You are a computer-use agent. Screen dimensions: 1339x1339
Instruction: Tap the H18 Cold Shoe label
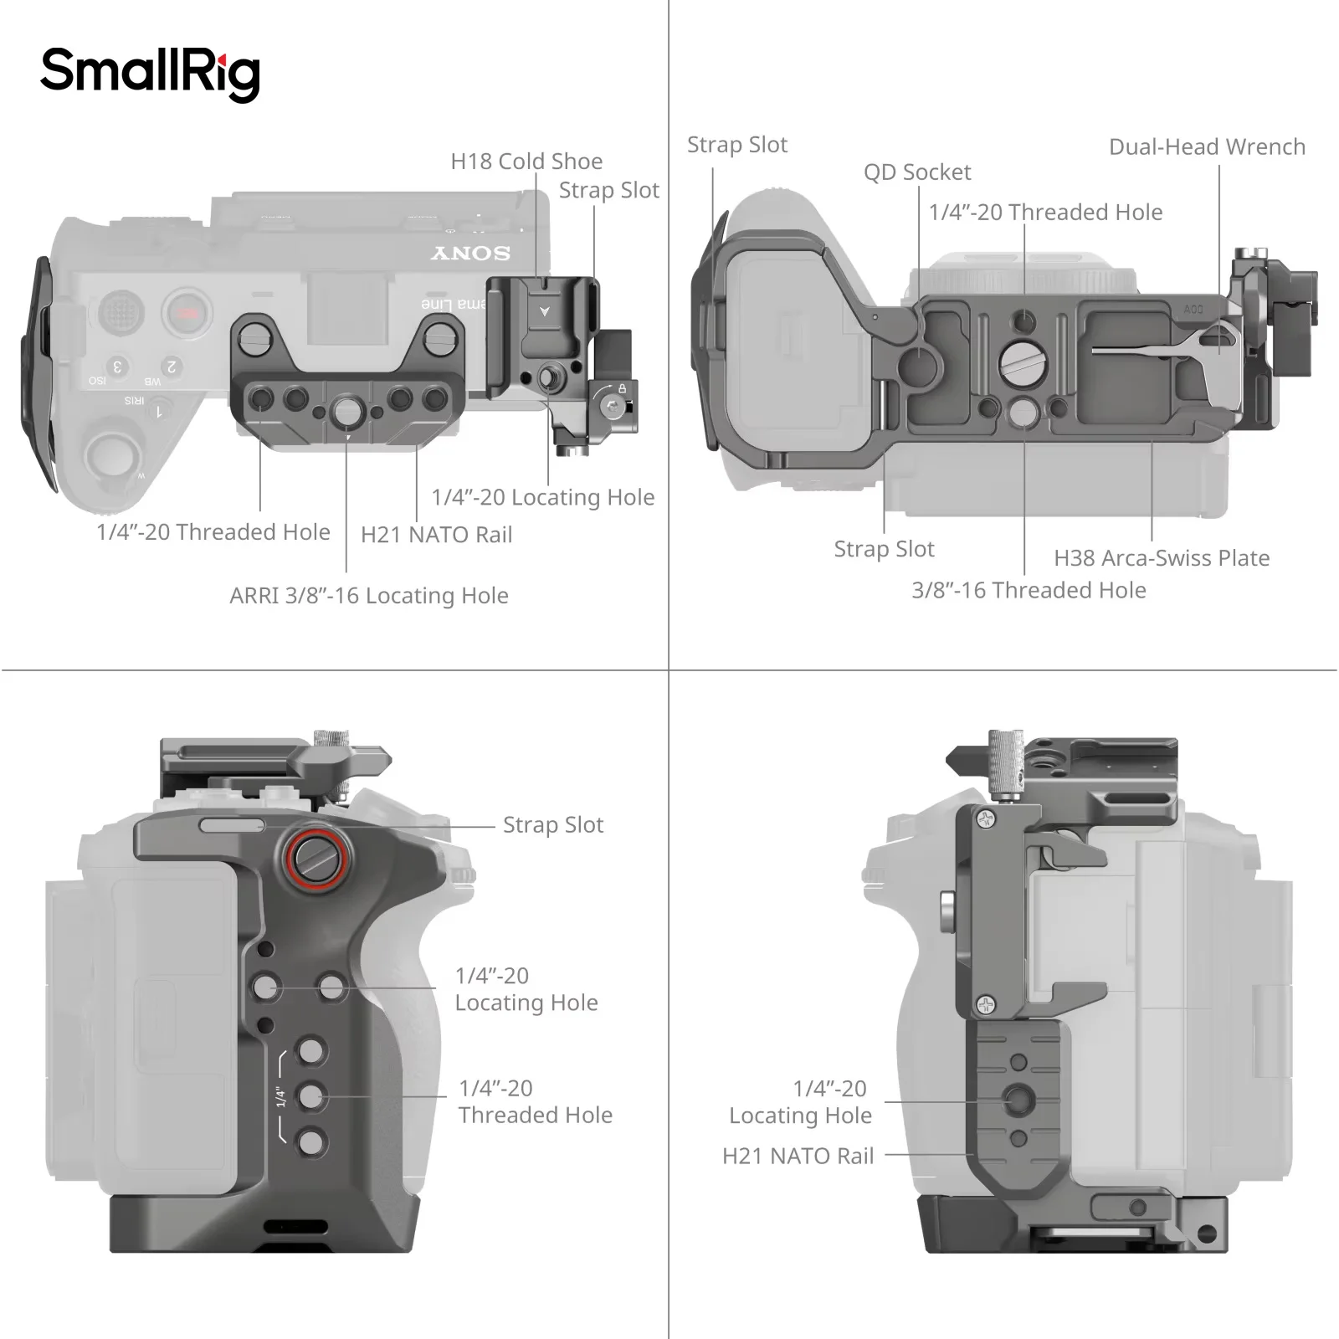pyautogui.click(x=526, y=161)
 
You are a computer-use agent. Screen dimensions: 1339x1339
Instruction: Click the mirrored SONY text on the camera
pyautogui.click(x=470, y=253)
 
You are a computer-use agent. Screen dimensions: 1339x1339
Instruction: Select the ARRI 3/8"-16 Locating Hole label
pyautogui.click(x=369, y=596)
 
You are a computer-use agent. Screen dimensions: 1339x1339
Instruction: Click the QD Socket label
pyautogui.click(x=917, y=172)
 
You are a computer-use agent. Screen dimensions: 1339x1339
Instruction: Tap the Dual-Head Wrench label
pyautogui.click(x=1206, y=147)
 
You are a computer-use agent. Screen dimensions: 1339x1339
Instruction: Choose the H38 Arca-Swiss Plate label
pyautogui.click(x=1161, y=558)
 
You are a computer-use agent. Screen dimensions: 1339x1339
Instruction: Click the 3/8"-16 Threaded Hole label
pyautogui.click(x=1029, y=591)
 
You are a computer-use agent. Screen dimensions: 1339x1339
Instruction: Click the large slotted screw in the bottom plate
pyautogui.click(x=1023, y=362)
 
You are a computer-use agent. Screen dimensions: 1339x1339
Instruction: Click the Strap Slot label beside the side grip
pyautogui.click(x=552, y=825)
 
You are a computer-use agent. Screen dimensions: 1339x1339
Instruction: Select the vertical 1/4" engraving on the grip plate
pyautogui.click(x=281, y=1097)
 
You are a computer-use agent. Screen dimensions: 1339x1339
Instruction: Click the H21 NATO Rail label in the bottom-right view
pyautogui.click(x=798, y=1157)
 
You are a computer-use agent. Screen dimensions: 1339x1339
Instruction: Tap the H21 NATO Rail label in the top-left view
pyautogui.click(x=436, y=535)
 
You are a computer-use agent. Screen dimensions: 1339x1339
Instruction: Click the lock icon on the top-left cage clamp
pyautogui.click(x=622, y=388)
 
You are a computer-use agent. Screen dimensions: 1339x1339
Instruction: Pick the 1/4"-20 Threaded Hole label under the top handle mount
pyautogui.click(x=213, y=532)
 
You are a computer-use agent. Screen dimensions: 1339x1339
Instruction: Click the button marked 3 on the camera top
pyautogui.click(x=118, y=367)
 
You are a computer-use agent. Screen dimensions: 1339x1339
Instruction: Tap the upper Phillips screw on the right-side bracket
pyautogui.click(x=987, y=819)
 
